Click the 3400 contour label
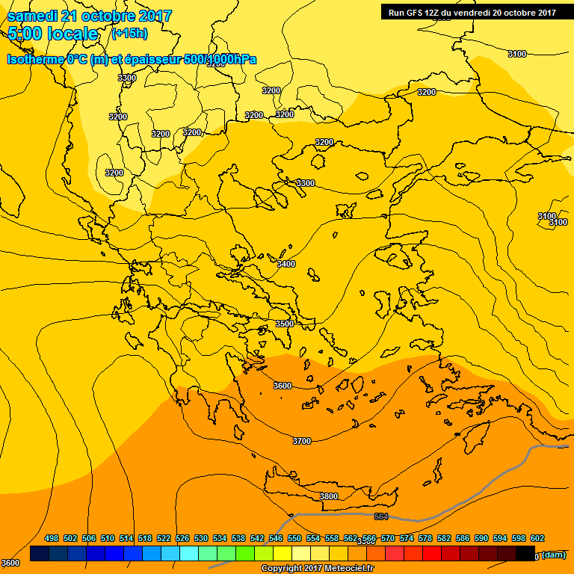286,264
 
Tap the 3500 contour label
285,324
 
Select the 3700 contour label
301,441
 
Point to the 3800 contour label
329,496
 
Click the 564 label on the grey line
381,516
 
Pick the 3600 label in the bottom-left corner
10,563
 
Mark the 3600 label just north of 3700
283,386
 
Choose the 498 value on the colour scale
52,538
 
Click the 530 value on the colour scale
201,538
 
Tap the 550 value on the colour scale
294,538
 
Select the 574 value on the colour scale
407,538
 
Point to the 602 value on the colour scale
537,538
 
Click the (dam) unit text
554,555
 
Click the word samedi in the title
35,16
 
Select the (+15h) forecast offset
129,34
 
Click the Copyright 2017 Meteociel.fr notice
317,569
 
